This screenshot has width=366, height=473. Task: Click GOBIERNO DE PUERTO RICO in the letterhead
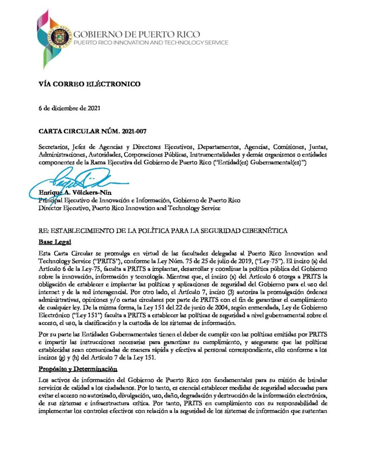click(x=137, y=34)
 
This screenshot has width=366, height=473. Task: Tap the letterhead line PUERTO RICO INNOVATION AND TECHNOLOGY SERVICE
click(x=151, y=42)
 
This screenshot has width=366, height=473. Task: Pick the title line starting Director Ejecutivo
click(x=130, y=208)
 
